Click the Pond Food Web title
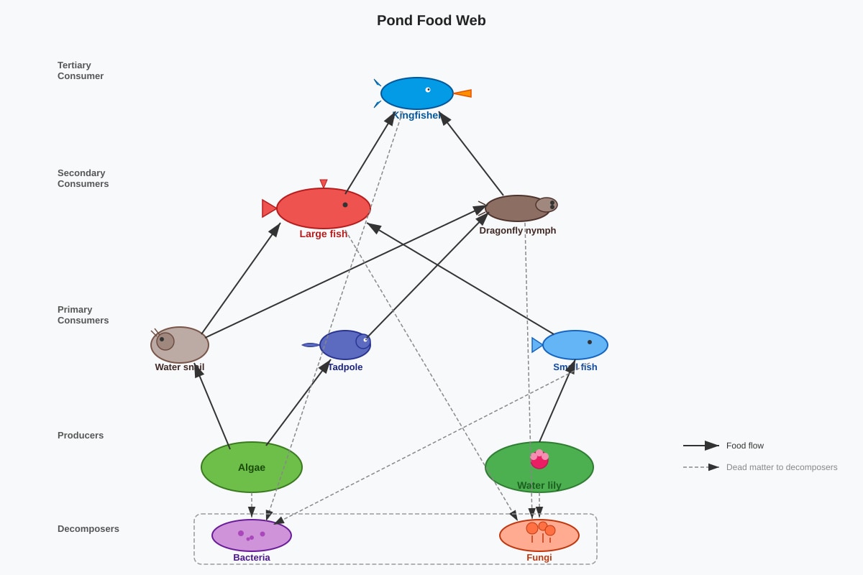(x=431, y=20)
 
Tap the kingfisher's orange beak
(x=462, y=93)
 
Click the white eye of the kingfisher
(x=428, y=90)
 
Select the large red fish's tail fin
(x=269, y=208)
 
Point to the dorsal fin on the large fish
(x=324, y=183)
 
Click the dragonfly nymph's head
(x=547, y=205)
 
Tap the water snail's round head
(x=165, y=341)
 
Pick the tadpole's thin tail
(x=311, y=345)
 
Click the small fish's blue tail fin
(x=537, y=345)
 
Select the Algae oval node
(x=252, y=467)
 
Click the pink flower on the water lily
(x=539, y=459)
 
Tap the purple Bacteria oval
(x=252, y=535)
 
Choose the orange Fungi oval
(x=539, y=535)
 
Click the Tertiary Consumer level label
(x=81, y=70)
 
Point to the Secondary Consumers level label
(x=83, y=178)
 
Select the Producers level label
(x=81, y=435)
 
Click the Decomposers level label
(x=88, y=529)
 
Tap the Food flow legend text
(x=745, y=446)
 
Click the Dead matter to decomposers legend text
(x=782, y=467)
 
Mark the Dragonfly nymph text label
(x=517, y=230)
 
